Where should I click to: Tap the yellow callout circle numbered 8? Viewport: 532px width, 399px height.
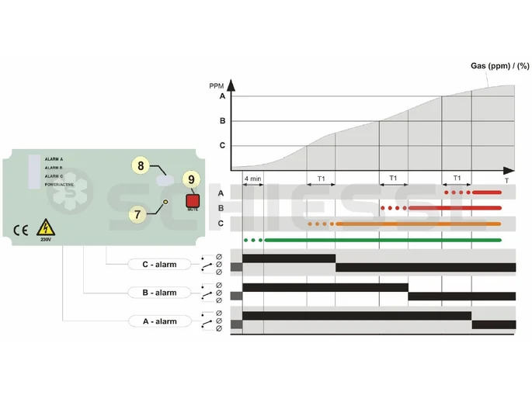point(141,165)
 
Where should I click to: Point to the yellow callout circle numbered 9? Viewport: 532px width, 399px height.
point(192,179)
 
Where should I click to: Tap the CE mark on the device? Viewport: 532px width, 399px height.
point(20,230)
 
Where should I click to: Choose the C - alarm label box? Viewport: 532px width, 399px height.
point(158,265)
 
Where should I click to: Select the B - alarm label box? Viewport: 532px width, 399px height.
point(158,293)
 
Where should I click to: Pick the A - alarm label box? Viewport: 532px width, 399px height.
point(158,321)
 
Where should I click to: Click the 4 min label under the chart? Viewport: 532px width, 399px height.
point(252,179)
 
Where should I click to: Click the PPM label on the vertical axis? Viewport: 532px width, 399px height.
point(217,85)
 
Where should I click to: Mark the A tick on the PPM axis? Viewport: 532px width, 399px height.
point(222,97)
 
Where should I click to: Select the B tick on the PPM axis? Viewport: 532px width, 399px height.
point(222,121)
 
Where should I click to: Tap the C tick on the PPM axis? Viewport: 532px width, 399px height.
point(222,145)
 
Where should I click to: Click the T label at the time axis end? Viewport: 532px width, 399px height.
point(506,180)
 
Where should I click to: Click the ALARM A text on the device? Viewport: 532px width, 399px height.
point(54,159)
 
